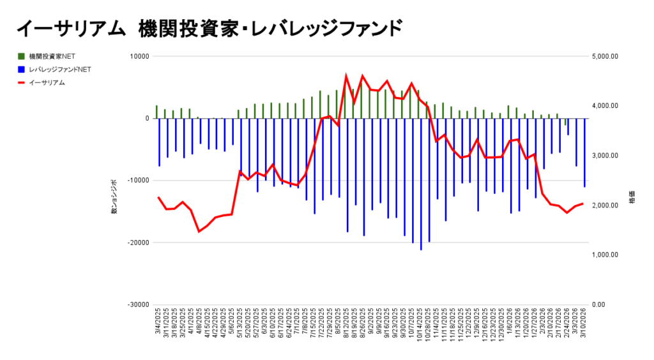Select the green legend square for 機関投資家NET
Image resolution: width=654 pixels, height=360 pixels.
(x=21, y=56)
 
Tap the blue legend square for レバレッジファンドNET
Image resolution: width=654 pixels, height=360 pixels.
(x=21, y=69)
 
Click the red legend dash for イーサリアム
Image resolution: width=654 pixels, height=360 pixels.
(x=21, y=82)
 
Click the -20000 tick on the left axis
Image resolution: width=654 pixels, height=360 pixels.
(x=137, y=243)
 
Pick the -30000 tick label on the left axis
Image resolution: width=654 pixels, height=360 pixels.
(x=137, y=304)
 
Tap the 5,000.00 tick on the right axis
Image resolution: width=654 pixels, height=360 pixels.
(x=605, y=56)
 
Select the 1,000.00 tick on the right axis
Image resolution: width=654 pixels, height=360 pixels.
(x=605, y=255)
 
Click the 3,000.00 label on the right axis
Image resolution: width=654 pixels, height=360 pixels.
(x=605, y=156)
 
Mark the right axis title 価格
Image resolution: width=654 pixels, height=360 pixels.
(x=632, y=197)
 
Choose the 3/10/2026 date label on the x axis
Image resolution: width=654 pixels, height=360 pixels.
(x=583, y=325)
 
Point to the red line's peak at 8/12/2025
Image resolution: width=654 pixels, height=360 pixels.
(x=346, y=76)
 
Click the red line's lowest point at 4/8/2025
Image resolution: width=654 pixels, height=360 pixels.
(x=199, y=231)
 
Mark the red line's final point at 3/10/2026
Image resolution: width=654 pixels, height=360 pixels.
(x=582, y=203)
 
